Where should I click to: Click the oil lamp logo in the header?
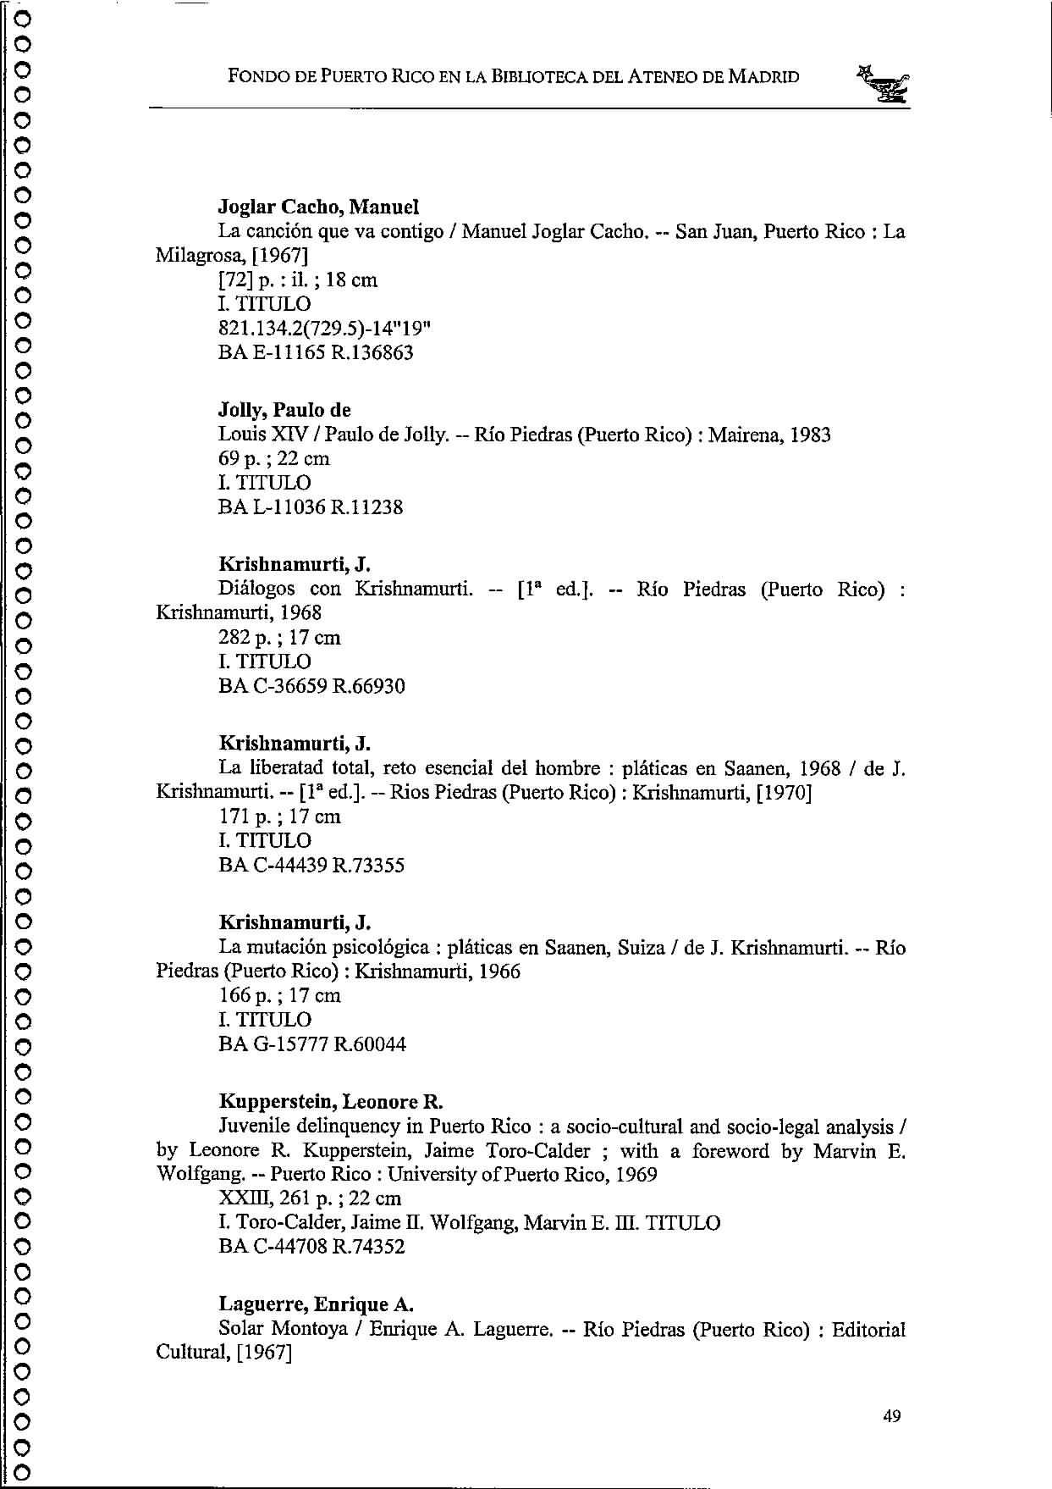[883, 84]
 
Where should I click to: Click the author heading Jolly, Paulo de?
[284, 411]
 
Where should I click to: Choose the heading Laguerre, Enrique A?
[316, 1304]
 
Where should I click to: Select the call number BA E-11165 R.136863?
[316, 352]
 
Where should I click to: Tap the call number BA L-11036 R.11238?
[311, 507]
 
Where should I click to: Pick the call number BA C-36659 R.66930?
[311, 686]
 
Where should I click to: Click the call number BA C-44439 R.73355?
[311, 865]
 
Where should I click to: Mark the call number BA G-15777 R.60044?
[312, 1043]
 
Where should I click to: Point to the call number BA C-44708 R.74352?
[311, 1246]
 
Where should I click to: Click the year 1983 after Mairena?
[809, 435]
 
